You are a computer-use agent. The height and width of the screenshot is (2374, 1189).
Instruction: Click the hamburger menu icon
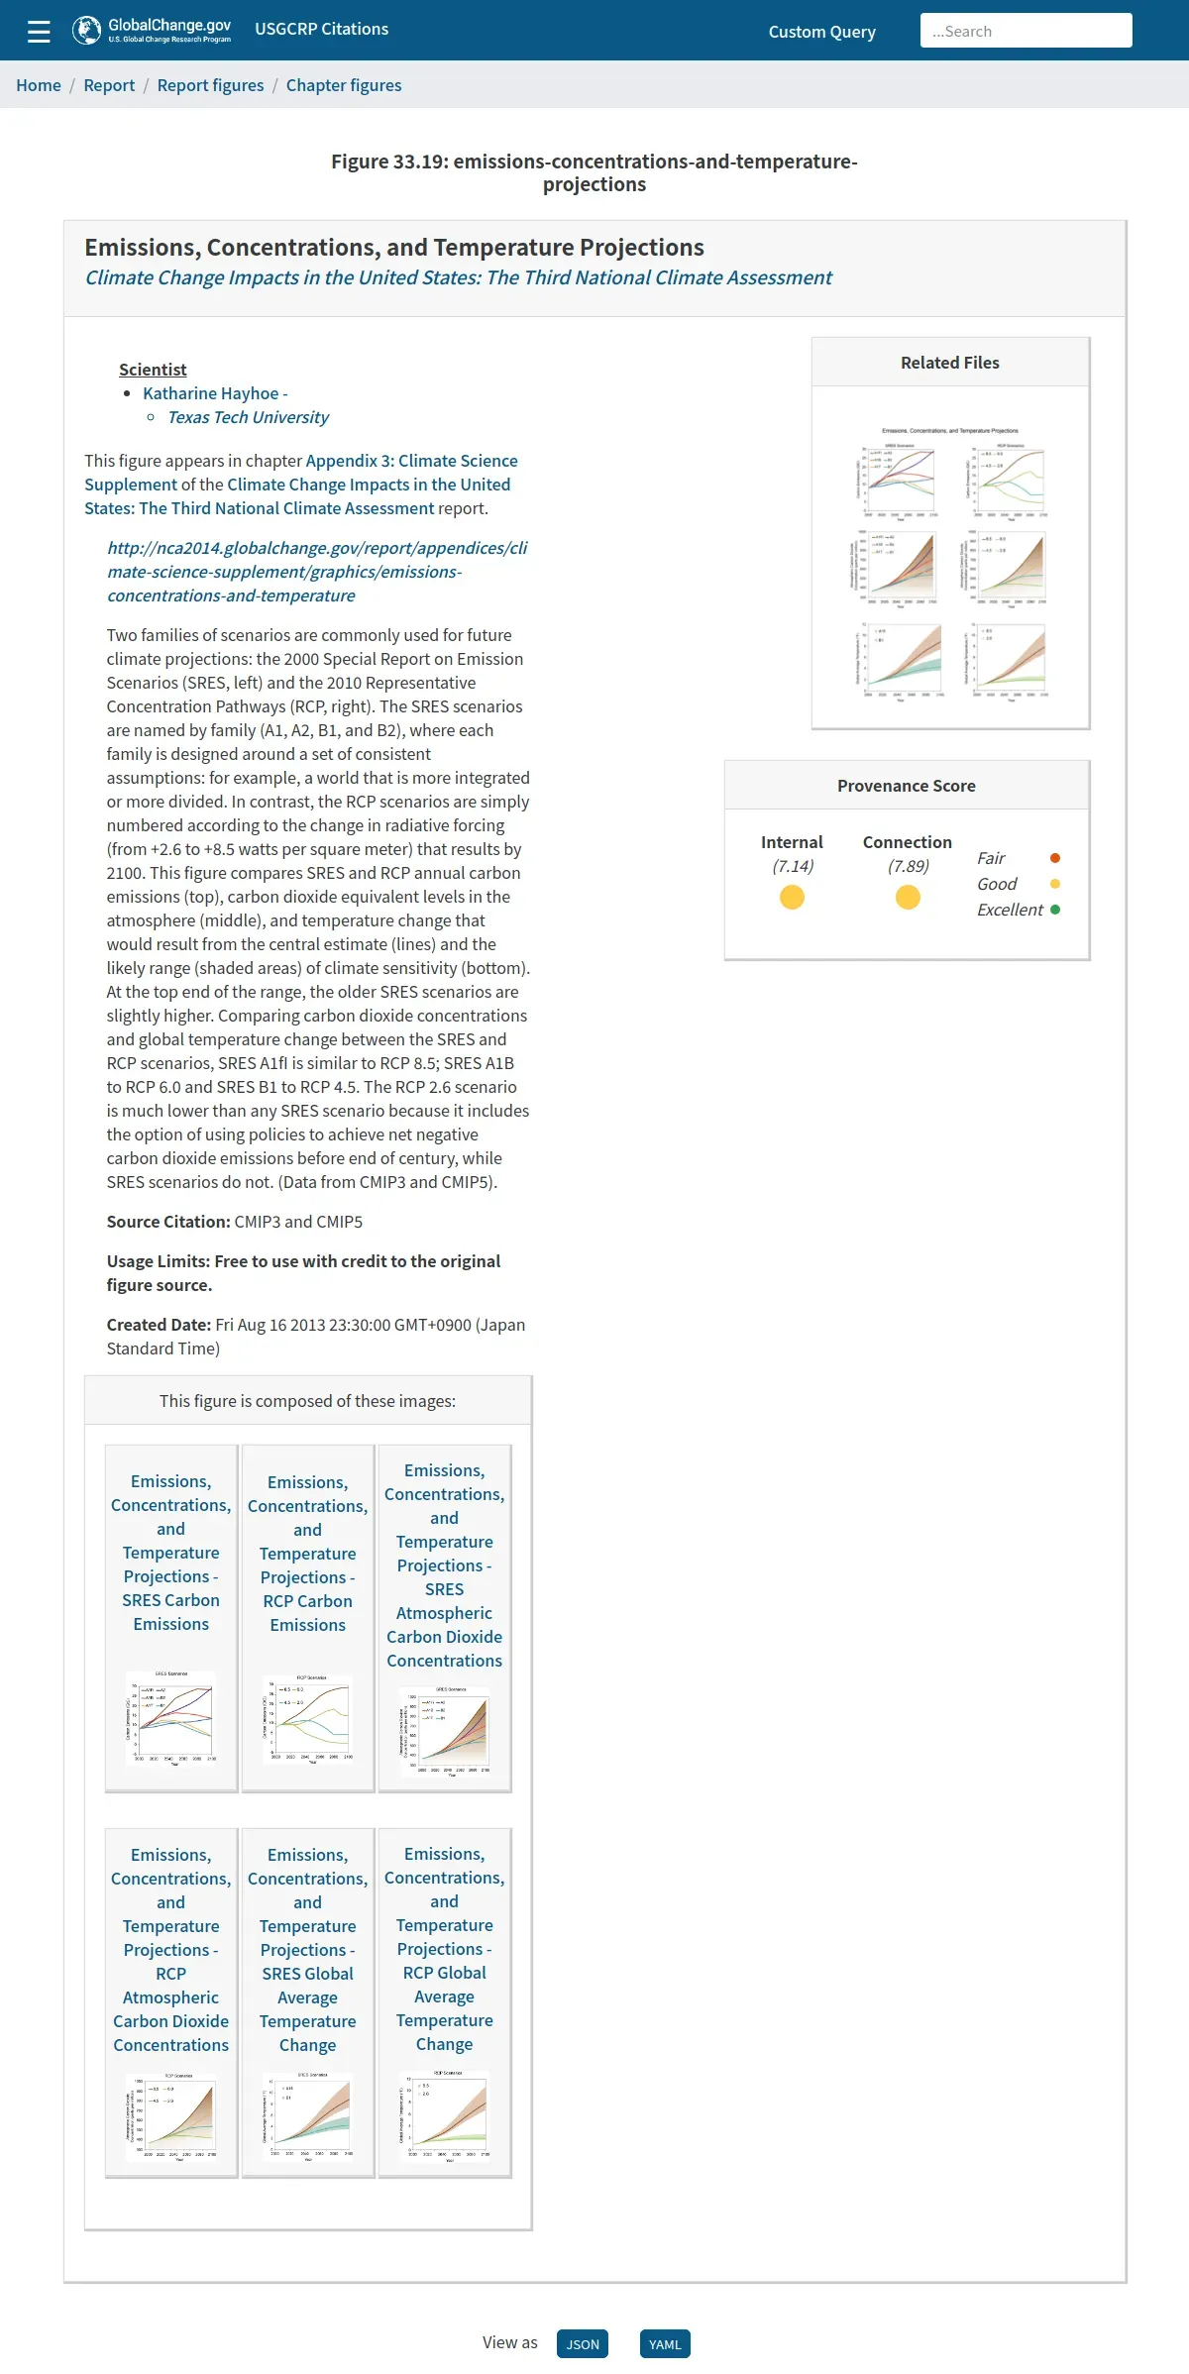(39, 32)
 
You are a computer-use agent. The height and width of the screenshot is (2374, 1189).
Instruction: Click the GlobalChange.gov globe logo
(87, 31)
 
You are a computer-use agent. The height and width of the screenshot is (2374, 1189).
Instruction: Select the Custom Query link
(821, 32)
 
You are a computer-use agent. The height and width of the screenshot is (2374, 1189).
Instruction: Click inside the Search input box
(1026, 31)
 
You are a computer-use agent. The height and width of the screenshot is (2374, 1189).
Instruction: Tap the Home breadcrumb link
(39, 85)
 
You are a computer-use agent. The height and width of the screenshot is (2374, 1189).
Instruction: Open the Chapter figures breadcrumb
(344, 85)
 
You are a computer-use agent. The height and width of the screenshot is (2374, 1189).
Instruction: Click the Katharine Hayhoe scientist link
(215, 393)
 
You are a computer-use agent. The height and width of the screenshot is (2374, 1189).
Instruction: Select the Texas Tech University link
(248, 417)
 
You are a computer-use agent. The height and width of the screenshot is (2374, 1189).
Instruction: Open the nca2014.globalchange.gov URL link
(317, 572)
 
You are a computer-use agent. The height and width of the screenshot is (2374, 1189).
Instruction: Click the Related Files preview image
(950, 561)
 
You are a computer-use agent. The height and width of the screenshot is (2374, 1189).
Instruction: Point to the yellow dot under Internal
(792, 898)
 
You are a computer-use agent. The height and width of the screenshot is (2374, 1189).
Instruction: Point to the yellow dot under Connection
(908, 898)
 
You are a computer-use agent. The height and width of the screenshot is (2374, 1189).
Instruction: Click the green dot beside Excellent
(1055, 910)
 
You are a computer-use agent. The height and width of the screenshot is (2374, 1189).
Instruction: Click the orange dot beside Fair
(1055, 858)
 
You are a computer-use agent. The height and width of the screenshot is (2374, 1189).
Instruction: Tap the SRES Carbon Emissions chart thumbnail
(171, 1719)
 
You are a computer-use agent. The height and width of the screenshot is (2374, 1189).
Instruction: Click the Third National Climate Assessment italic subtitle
(458, 277)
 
